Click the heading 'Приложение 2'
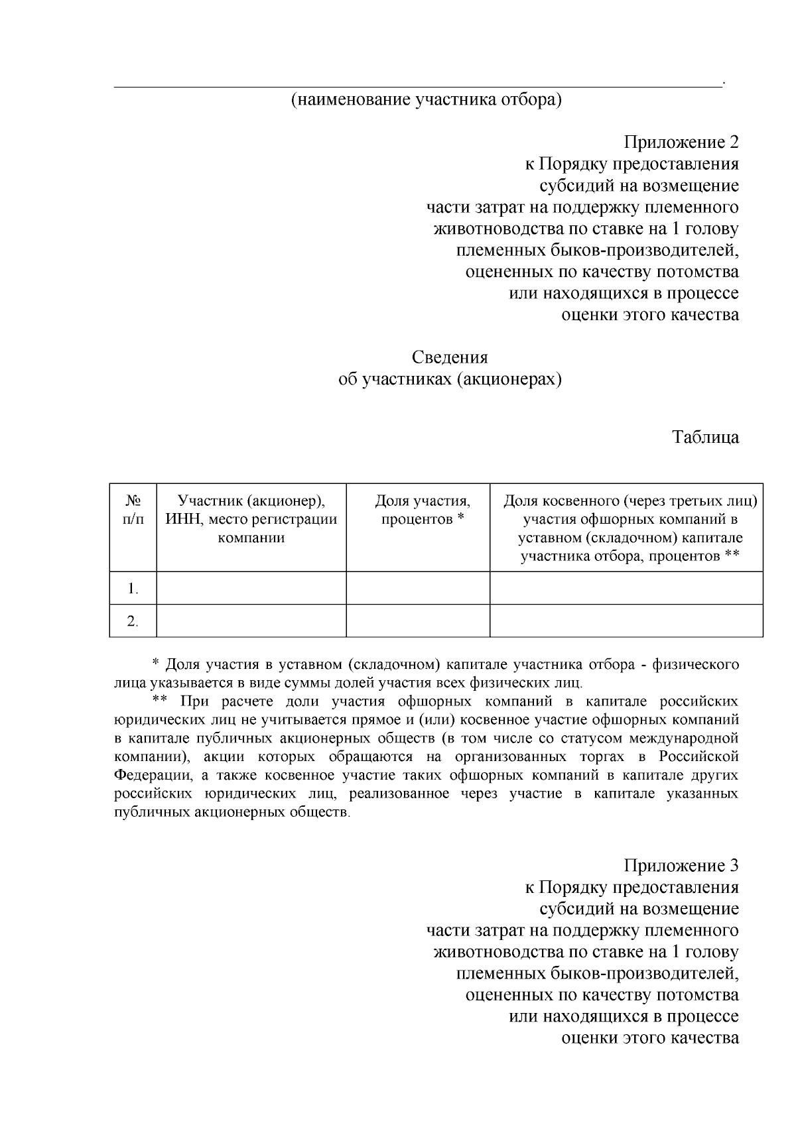(681, 143)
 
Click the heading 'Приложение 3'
(681, 866)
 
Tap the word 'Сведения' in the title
(450, 358)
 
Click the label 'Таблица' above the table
(705, 438)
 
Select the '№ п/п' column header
(133, 510)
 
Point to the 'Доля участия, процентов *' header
(423, 510)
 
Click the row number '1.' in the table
(133, 589)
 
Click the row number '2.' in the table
(133, 621)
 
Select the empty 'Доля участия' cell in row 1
(418, 588)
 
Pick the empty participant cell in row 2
(251, 621)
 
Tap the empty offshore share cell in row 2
(626, 621)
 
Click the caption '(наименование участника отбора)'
(425, 101)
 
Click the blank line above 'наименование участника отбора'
(418, 84)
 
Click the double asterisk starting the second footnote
(159, 701)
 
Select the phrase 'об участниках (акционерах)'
(450, 380)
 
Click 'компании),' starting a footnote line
(148, 757)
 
